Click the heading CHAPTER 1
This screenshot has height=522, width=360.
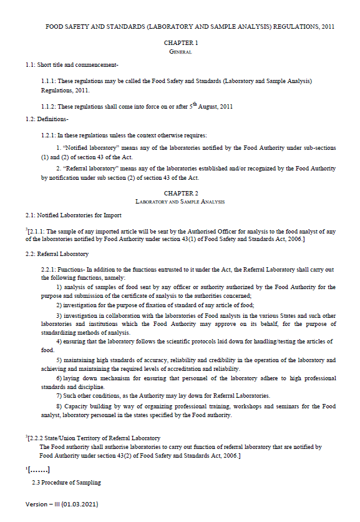coord(180,43)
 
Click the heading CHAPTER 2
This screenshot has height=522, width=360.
coord(180,194)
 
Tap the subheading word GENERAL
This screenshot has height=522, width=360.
coord(180,52)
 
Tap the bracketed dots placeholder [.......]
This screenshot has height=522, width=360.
coord(37,470)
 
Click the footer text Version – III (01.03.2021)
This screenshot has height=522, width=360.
coord(62,503)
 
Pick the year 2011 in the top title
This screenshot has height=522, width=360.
coord(323,27)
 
